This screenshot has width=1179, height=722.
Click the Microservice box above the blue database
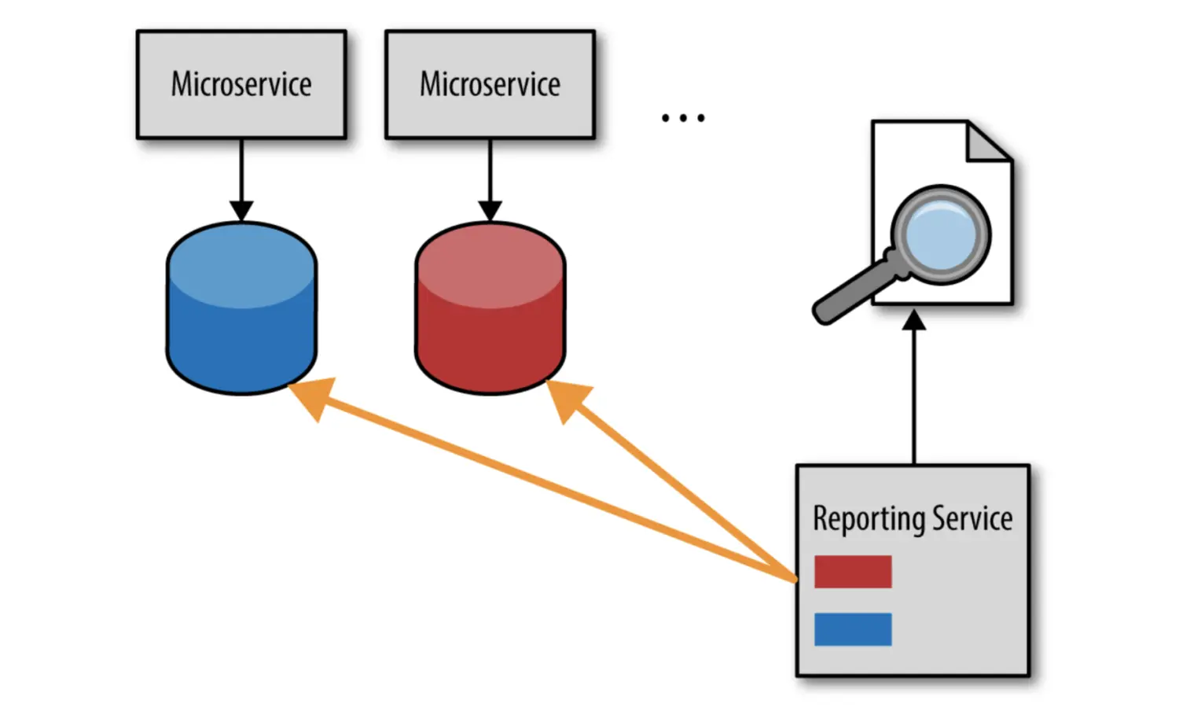tap(241, 85)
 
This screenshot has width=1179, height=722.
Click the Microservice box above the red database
tap(490, 85)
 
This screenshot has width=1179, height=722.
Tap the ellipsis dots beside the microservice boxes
tap(682, 118)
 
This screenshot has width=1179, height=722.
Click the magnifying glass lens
tap(941, 234)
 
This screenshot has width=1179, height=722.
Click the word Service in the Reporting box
tap(972, 519)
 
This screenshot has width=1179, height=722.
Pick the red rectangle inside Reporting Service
tap(853, 572)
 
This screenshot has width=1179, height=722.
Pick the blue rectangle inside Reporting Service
tap(853, 629)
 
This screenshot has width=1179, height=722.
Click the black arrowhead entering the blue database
tap(241, 211)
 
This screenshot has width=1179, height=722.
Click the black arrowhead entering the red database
tap(490, 211)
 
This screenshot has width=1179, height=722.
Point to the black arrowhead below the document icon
tap(914, 320)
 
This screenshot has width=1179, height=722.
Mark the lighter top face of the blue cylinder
tap(241, 263)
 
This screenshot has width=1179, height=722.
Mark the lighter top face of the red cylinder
tap(490, 263)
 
